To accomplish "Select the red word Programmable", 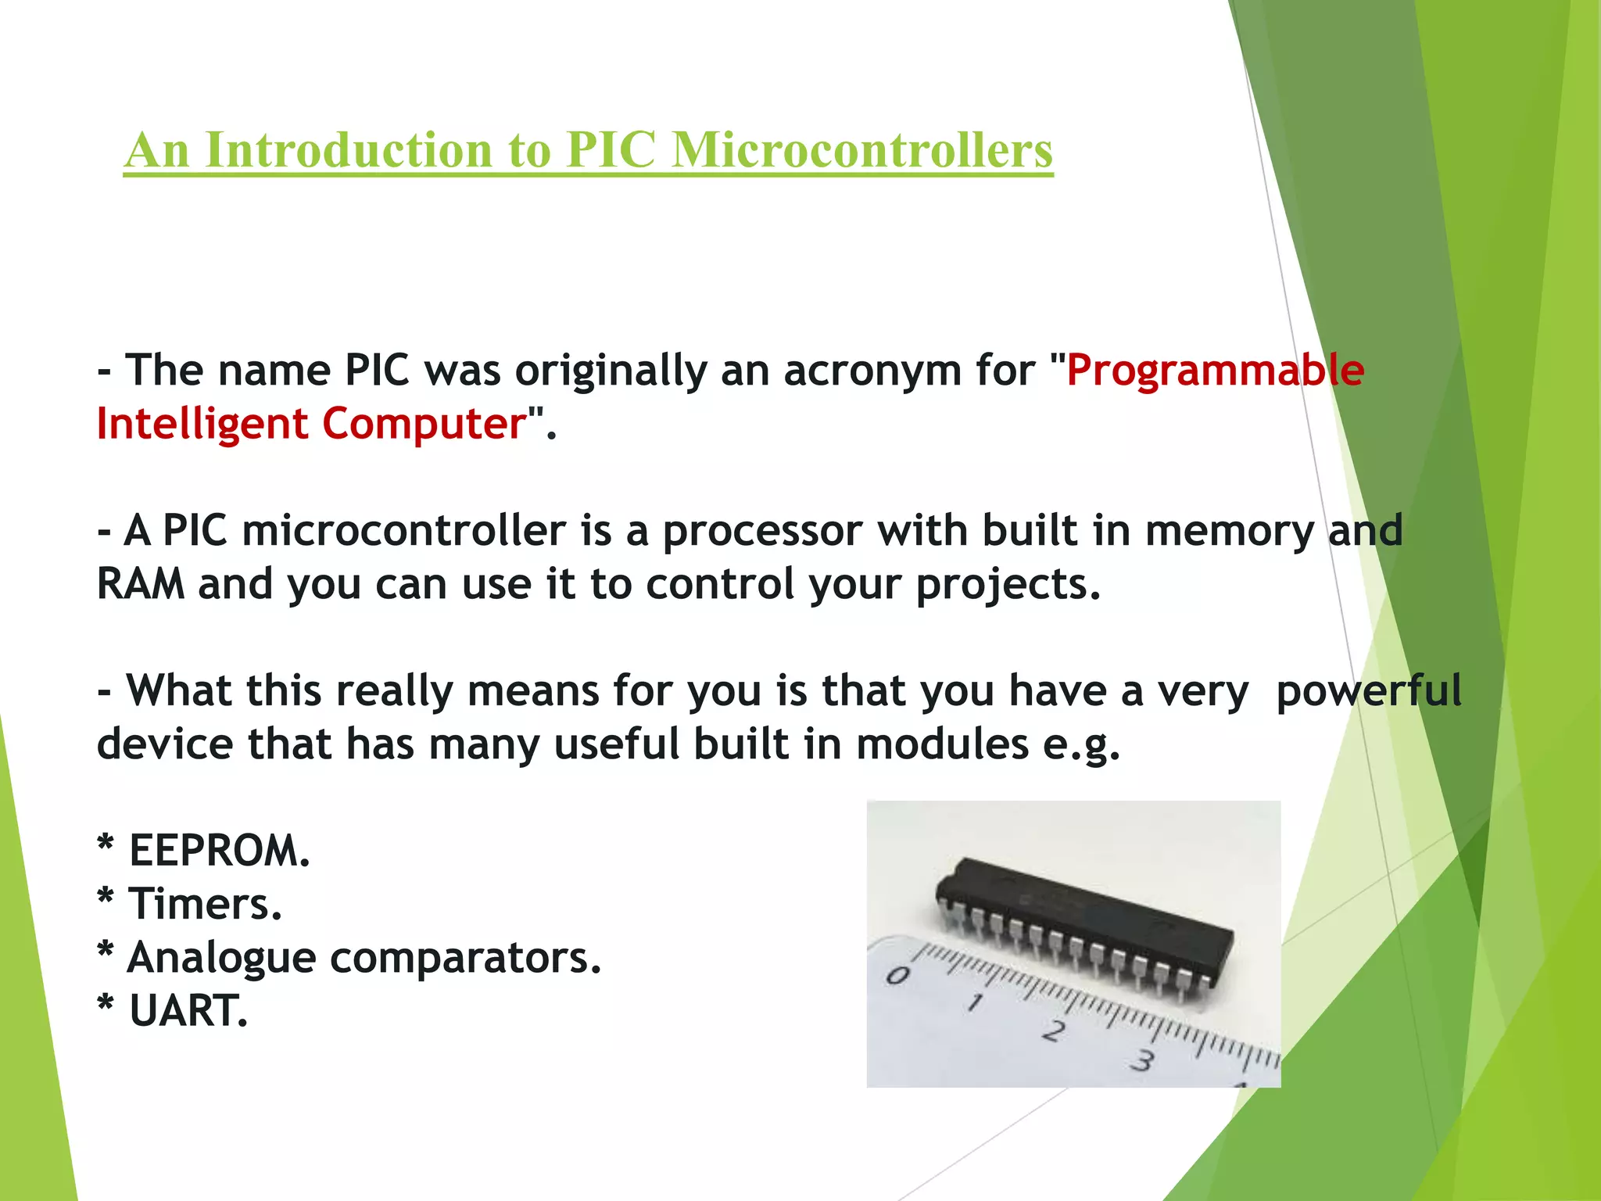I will pyautogui.click(x=1215, y=370).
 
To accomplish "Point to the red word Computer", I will pyautogui.click(x=424, y=424).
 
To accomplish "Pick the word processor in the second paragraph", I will pyautogui.click(x=762, y=532).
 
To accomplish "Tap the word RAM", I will pyautogui.click(x=141, y=584).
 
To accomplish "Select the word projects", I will pyautogui.click(x=1008, y=586).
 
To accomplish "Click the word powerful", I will pyautogui.click(x=1368, y=692).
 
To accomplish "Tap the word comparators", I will pyautogui.click(x=465, y=959).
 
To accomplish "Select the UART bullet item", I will pyautogui.click(x=188, y=1011).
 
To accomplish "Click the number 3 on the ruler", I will pyautogui.click(x=1143, y=1061).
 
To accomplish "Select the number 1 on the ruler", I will pyautogui.click(x=974, y=1002).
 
